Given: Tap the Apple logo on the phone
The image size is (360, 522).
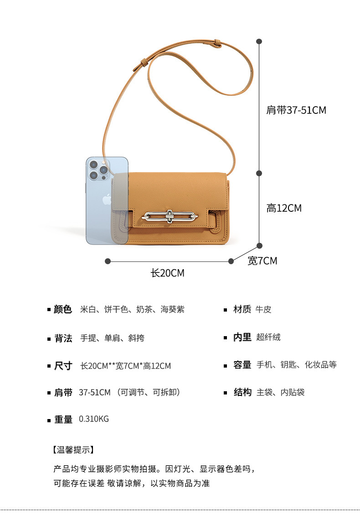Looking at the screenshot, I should pos(107,199).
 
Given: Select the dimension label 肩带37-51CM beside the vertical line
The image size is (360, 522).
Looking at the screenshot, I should pos(296,110).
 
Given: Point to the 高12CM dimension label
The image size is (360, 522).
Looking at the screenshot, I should pos(284,208).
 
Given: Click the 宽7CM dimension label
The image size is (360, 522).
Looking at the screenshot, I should pos(262,261).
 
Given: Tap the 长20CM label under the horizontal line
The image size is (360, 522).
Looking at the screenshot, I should pos(167,273).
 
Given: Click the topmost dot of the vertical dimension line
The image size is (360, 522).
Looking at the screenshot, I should pos(259,41).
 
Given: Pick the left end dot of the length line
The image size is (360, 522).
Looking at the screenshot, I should pos(108,261).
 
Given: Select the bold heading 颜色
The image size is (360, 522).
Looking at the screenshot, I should pos(63,310).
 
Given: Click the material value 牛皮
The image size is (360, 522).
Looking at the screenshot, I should pos(263,310).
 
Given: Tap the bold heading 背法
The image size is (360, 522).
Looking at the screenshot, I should pos(63,338).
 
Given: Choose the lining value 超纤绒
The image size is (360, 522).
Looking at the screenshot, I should pos(268,337).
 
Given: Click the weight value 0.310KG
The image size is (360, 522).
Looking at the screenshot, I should pos(94,419).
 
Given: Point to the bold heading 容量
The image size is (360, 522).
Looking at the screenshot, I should pos(242,365).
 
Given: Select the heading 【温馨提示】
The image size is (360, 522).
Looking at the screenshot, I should pos(73,450).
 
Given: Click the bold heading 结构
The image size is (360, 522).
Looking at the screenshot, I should pos(242,392).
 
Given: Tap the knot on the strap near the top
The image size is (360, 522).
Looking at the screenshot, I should pos(216,44).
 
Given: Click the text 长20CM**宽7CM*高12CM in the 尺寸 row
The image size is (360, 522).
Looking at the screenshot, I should pos(125,366).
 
